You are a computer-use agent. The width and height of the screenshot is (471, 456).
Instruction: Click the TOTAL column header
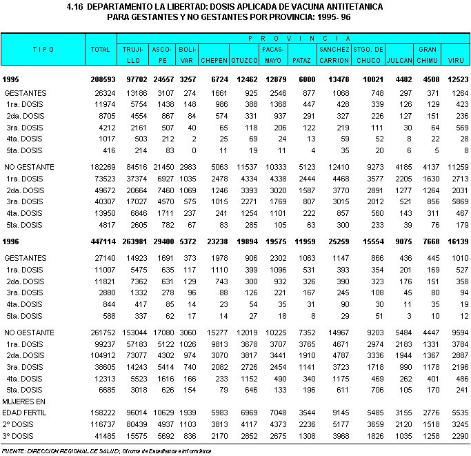(x=101, y=50)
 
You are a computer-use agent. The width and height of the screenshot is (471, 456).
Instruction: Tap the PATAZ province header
(x=303, y=60)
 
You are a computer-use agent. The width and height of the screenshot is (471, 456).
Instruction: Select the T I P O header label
(x=43, y=50)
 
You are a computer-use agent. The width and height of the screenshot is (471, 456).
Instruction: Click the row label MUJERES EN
(x=23, y=401)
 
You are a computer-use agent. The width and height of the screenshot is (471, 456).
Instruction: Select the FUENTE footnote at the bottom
(x=15, y=450)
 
